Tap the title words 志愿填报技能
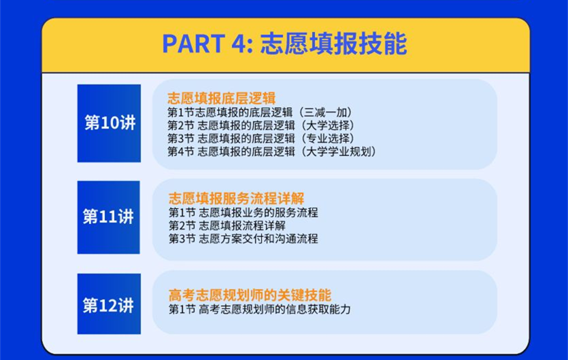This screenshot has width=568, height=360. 333,44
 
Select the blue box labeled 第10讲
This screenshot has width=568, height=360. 109,123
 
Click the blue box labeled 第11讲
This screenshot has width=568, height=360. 109,217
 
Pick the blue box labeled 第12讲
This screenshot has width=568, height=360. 109,306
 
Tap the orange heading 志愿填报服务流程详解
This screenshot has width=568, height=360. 236,199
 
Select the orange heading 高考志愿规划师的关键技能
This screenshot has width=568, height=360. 250,295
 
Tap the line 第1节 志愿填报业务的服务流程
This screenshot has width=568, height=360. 243,212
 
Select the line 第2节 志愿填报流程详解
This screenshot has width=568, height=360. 227,225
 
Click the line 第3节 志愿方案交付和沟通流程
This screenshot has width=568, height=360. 243,239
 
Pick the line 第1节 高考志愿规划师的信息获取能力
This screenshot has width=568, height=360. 259,310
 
